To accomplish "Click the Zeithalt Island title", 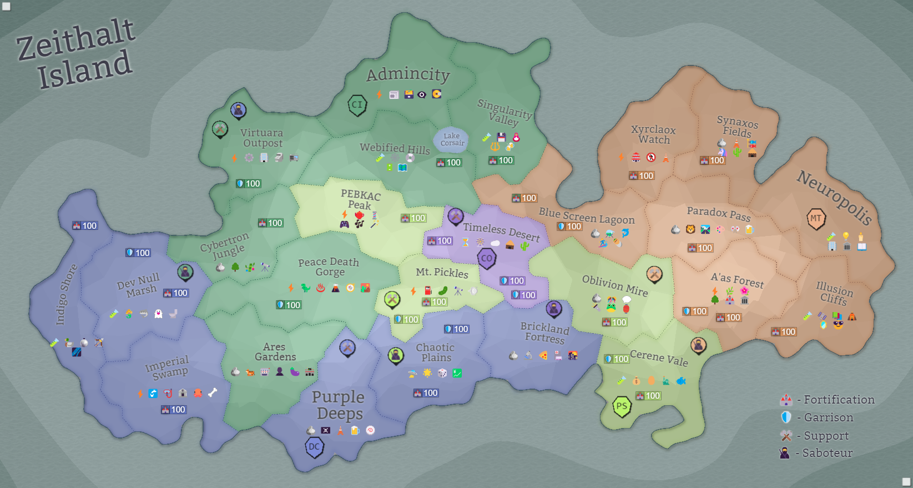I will (x=77, y=54).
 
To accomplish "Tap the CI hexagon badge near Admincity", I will (x=357, y=104).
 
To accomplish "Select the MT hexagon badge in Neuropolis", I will (x=816, y=218).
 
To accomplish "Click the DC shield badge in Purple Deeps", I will (x=314, y=447).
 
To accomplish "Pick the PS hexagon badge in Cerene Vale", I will (x=622, y=406).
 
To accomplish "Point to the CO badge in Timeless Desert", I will (x=487, y=258).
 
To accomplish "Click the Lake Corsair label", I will (x=452, y=139).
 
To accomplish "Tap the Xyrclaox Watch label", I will (x=653, y=134).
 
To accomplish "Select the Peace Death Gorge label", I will (x=329, y=266).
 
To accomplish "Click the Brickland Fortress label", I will (x=544, y=333).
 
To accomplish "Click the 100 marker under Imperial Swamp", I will (x=173, y=410).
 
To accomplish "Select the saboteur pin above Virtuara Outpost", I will (x=238, y=110).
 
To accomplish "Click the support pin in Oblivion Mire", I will (x=654, y=274).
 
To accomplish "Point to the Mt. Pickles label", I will (x=442, y=272).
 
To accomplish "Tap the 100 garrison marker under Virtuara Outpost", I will (x=248, y=184).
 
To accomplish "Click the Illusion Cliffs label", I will (x=834, y=293).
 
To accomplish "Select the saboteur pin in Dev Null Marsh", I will (x=185, y=272).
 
